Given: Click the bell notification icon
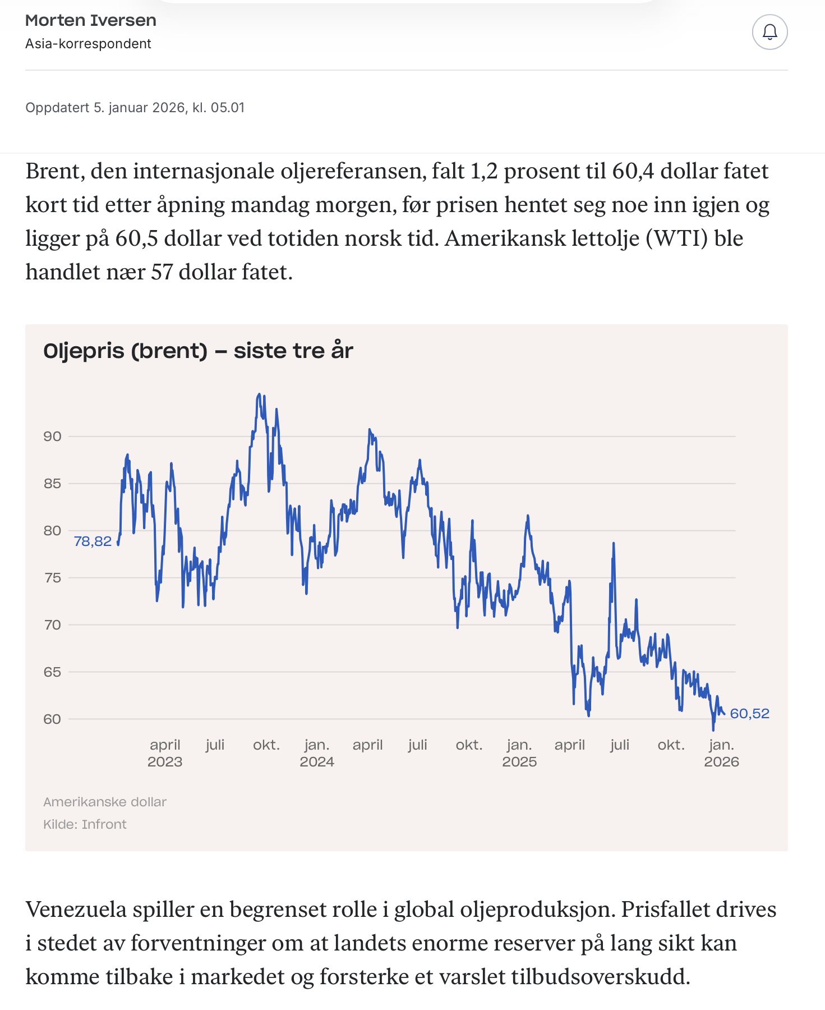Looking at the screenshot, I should (x=769, y=32).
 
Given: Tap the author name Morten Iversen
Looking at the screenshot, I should (x=91, y=21).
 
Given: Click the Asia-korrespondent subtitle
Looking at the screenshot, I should (x=88, y=44).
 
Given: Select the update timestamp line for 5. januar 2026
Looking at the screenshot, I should (x=135, y=108).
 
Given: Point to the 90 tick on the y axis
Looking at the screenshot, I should (x=52, y=437).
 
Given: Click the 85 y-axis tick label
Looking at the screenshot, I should (x=52, y=484).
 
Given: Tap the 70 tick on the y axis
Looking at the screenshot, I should (x=52, y=625).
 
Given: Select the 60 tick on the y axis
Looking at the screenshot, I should (x=52, y=719).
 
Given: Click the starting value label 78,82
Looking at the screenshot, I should (x=93, y=541).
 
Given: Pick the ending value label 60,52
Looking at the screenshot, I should (x=749, y=714).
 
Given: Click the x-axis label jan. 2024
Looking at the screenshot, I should (x=317, y=753).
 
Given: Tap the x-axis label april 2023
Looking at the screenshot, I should (x=165, y=753).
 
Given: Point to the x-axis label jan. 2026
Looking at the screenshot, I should (x=721, y=753).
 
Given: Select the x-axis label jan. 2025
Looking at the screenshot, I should (x=519, y=753).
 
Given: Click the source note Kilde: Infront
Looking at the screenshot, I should (x=85, y=824).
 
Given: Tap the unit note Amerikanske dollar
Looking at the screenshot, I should (x=105, y=802).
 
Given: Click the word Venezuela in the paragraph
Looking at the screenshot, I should (x=76, y=910).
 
